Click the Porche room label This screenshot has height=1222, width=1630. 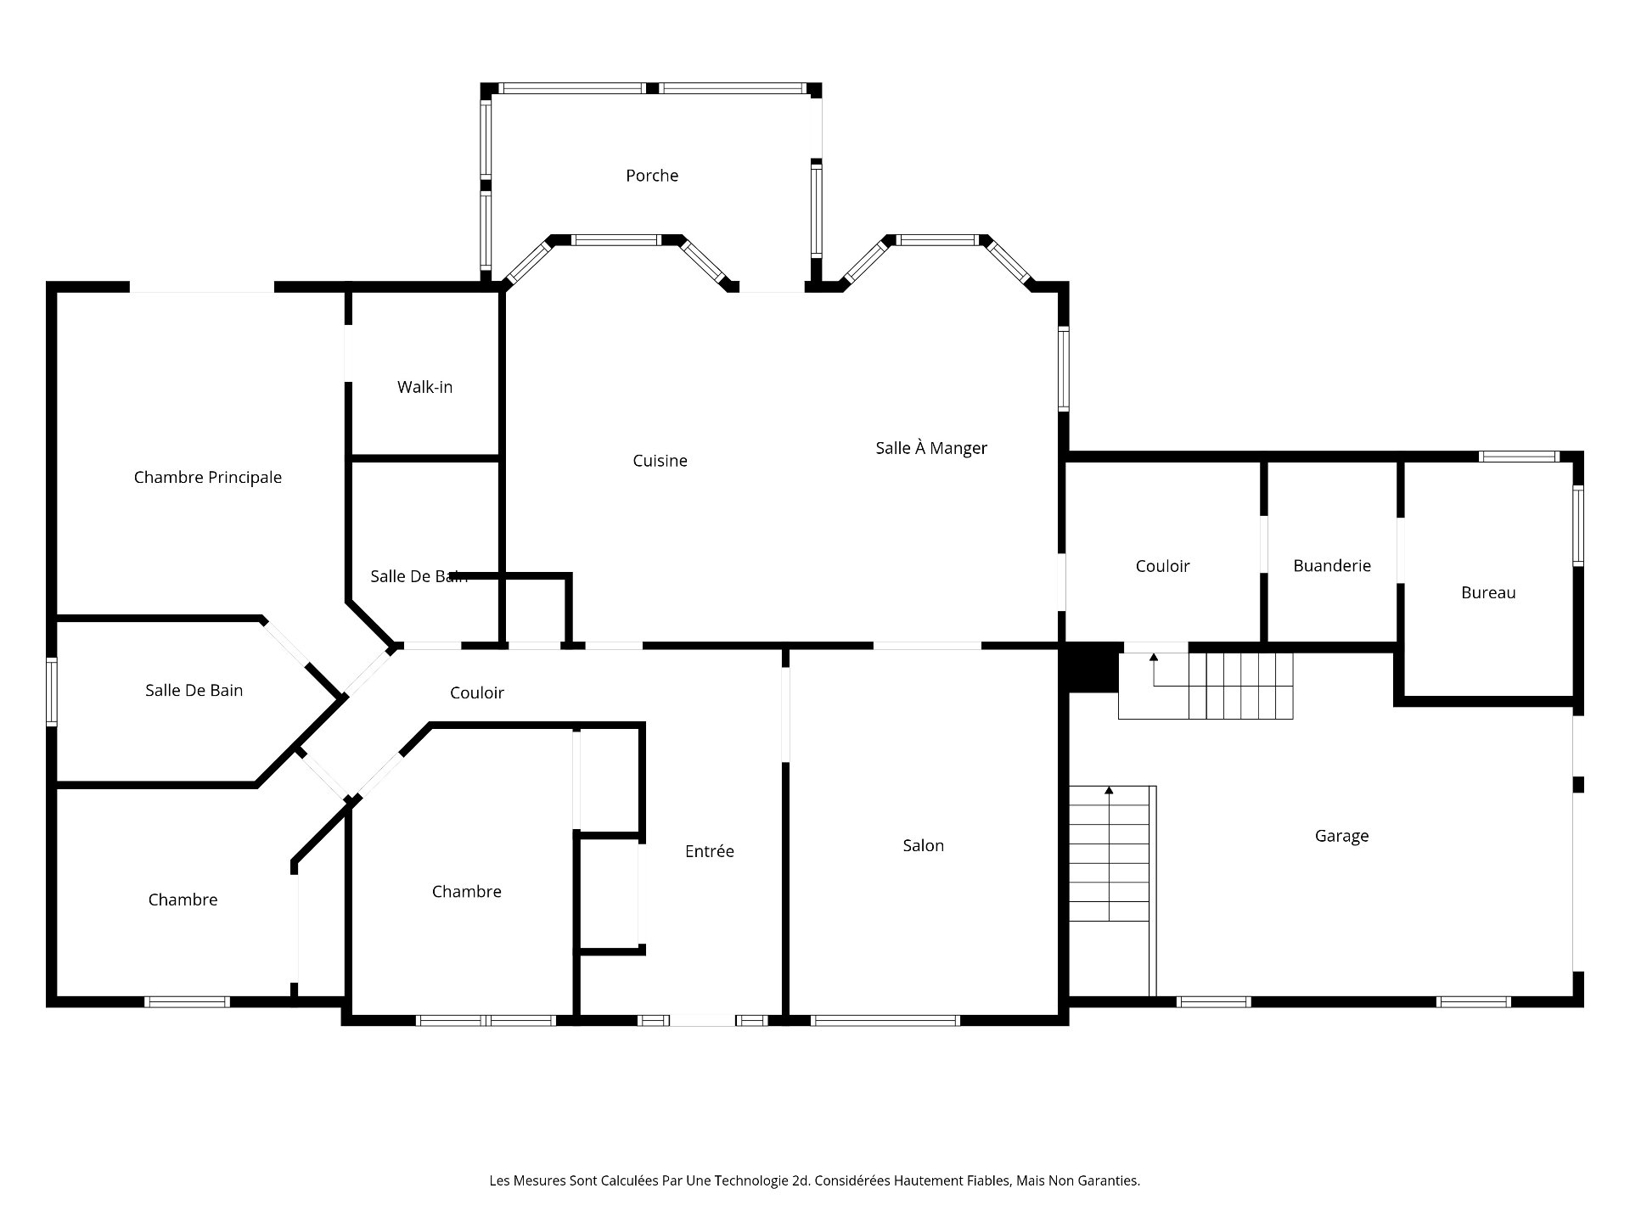tap(652, 176)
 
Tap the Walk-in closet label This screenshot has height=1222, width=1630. tap(424, 387)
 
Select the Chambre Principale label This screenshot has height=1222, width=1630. tap(208, 478)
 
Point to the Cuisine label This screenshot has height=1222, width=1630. tap(660, 461)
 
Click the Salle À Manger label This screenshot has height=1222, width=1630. tap(931, 447)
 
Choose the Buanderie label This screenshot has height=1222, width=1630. tap(1332, 566)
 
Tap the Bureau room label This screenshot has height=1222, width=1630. tap(1488, 593)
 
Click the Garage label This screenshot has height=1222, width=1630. tap(1341, 836)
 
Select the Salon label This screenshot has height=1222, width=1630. tap(923, 846)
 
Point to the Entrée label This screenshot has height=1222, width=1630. tap(710, 851)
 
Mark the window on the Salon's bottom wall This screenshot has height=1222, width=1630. tap(885, 1020)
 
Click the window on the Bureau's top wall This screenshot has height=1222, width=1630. tap(1519, 457)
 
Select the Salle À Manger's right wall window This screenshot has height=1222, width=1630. tap(1064, 369)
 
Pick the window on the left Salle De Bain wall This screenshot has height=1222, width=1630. tap(52, 692)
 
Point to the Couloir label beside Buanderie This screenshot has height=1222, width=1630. tap(1162, 566)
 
